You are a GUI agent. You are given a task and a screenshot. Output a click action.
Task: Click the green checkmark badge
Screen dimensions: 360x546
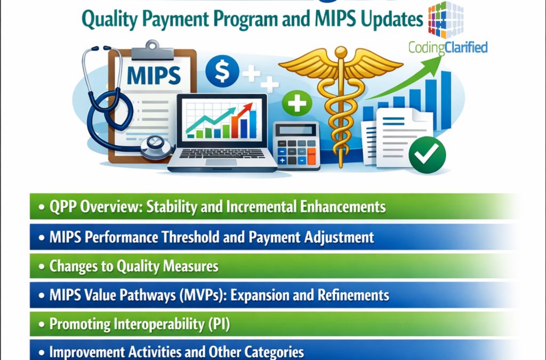click(x=427, y=155)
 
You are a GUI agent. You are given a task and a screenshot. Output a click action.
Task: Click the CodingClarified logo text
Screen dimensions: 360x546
click(x=447, y=47)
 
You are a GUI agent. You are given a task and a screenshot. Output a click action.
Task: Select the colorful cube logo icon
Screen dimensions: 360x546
click(x=446, y=19)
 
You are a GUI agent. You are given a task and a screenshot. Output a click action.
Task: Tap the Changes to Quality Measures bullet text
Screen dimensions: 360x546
click(x=133, y=266)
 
